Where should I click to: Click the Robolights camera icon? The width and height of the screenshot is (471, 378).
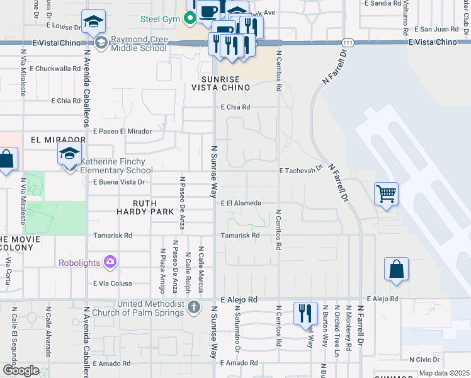pyautogui.click(x=110, y=261)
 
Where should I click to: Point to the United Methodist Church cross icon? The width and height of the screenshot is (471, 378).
pyautogui.click(x=194, y=307)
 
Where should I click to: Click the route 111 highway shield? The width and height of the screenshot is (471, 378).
pyautogui.click(x=348, y=42)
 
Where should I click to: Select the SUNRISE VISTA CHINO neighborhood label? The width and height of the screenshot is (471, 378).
pyautogui.click(x=217, y=84)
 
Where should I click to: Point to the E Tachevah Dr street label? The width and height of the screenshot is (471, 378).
pyautogui.click(x=301, y=170)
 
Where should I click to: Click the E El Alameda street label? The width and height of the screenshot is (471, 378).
pyautogui.click(x=241, y=203)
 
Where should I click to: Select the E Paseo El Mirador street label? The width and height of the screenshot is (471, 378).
pyautogui.click(x=123, y=131)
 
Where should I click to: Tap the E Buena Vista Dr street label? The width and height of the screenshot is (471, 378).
pyautogui.click(x=118, y=182)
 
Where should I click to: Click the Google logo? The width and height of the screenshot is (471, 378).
pyautogui.click(x=21, y=370)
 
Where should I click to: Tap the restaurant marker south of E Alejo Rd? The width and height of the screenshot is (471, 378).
pyautogui.click(x=305, y=313)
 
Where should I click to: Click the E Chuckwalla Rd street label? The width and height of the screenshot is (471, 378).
pyautogui.click(x=48, y=68)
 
